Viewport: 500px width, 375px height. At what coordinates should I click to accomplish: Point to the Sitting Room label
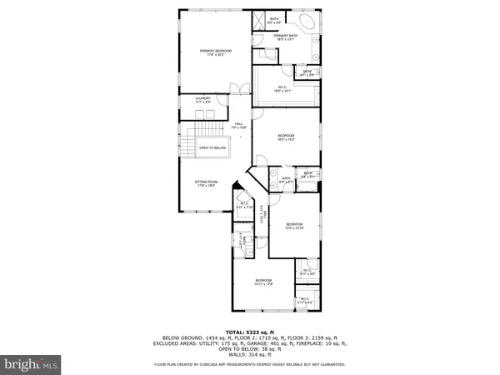pyautogui.click(x=207, y=184)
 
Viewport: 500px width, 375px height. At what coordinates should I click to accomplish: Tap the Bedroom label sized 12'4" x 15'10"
pyautogui.click(x=295, y=225)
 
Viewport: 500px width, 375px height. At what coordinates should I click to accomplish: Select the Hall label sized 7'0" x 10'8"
pyautogui.click(x=239, y=127)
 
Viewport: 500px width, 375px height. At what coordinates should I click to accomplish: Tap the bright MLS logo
pyautogui.click(x=32, y=364)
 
